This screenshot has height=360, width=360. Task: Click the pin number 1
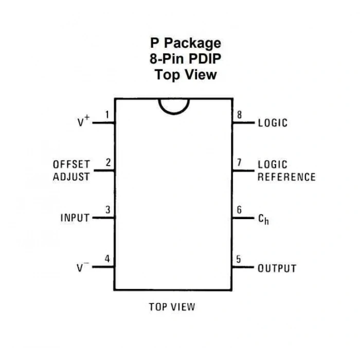point(107,115)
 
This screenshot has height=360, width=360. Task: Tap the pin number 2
point(108,163)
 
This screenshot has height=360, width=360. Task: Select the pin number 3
point(107,210)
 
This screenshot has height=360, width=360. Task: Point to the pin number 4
point(107,259)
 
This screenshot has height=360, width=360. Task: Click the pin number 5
point(239,259)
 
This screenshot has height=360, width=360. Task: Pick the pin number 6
point(239,210)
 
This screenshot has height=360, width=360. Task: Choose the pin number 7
point(239,163)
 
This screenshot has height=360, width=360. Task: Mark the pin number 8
point(239,115)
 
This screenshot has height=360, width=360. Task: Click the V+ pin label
point(83,121)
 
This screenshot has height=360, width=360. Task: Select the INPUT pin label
point(75,218)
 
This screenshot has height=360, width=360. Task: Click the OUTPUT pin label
point(277,268)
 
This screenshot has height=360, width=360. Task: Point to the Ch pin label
point(263,219)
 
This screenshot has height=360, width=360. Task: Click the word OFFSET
point(71,165)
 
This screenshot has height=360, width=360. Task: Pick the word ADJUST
point(71,177)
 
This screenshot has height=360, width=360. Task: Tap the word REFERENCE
point(286,177)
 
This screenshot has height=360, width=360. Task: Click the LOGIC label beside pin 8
point(273,123)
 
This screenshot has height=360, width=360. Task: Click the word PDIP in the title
point(205,59)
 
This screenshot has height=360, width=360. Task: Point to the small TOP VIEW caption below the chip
point(172,307)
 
